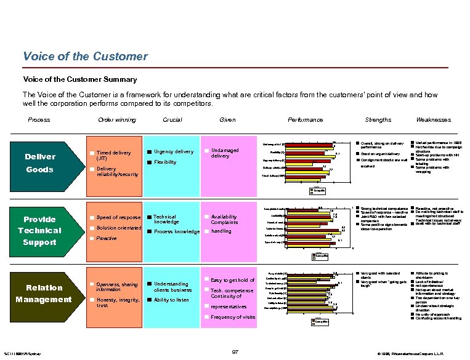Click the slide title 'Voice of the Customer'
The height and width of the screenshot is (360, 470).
pos(85,57)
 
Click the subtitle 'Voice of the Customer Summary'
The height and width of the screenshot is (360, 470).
pos(79,79)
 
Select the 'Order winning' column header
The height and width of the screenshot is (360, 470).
pos(117,120)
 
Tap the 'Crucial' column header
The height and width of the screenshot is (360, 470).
pos(172,120)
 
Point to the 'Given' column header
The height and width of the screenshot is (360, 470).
pos(227,120)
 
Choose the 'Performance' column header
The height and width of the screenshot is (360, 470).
pos(306,120)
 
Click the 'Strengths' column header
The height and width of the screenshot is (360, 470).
pos(378,120)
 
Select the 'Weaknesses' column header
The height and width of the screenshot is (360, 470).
pos(433,120)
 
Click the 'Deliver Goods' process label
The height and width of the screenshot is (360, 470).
pos(39,163)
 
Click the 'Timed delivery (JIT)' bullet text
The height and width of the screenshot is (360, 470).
pos(113,155)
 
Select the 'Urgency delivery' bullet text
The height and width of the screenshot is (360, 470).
pos(173,152)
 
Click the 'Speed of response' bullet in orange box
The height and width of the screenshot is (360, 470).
pos(119,217)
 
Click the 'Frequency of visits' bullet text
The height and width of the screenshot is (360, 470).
pos(233,317)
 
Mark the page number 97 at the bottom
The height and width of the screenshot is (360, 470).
pos(235,351)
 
